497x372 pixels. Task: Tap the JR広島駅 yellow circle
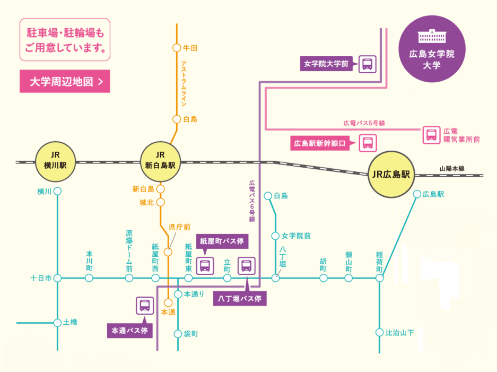(392, 175)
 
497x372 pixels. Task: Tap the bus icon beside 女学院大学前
(368, 64)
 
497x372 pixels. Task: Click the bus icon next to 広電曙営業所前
(431, 135)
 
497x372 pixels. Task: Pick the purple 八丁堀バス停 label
(240, 298)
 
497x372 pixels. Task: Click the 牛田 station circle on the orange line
(177, 48)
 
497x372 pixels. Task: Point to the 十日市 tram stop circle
(57, 278)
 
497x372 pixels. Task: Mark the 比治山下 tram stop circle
(379, 333)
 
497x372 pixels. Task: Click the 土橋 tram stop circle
(57, 322)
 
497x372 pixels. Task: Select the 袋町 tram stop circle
(178, 334)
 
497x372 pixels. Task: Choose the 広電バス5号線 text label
(364, 123)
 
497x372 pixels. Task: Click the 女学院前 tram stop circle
(275, 236)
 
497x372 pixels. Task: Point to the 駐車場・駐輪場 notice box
(65, 40)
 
